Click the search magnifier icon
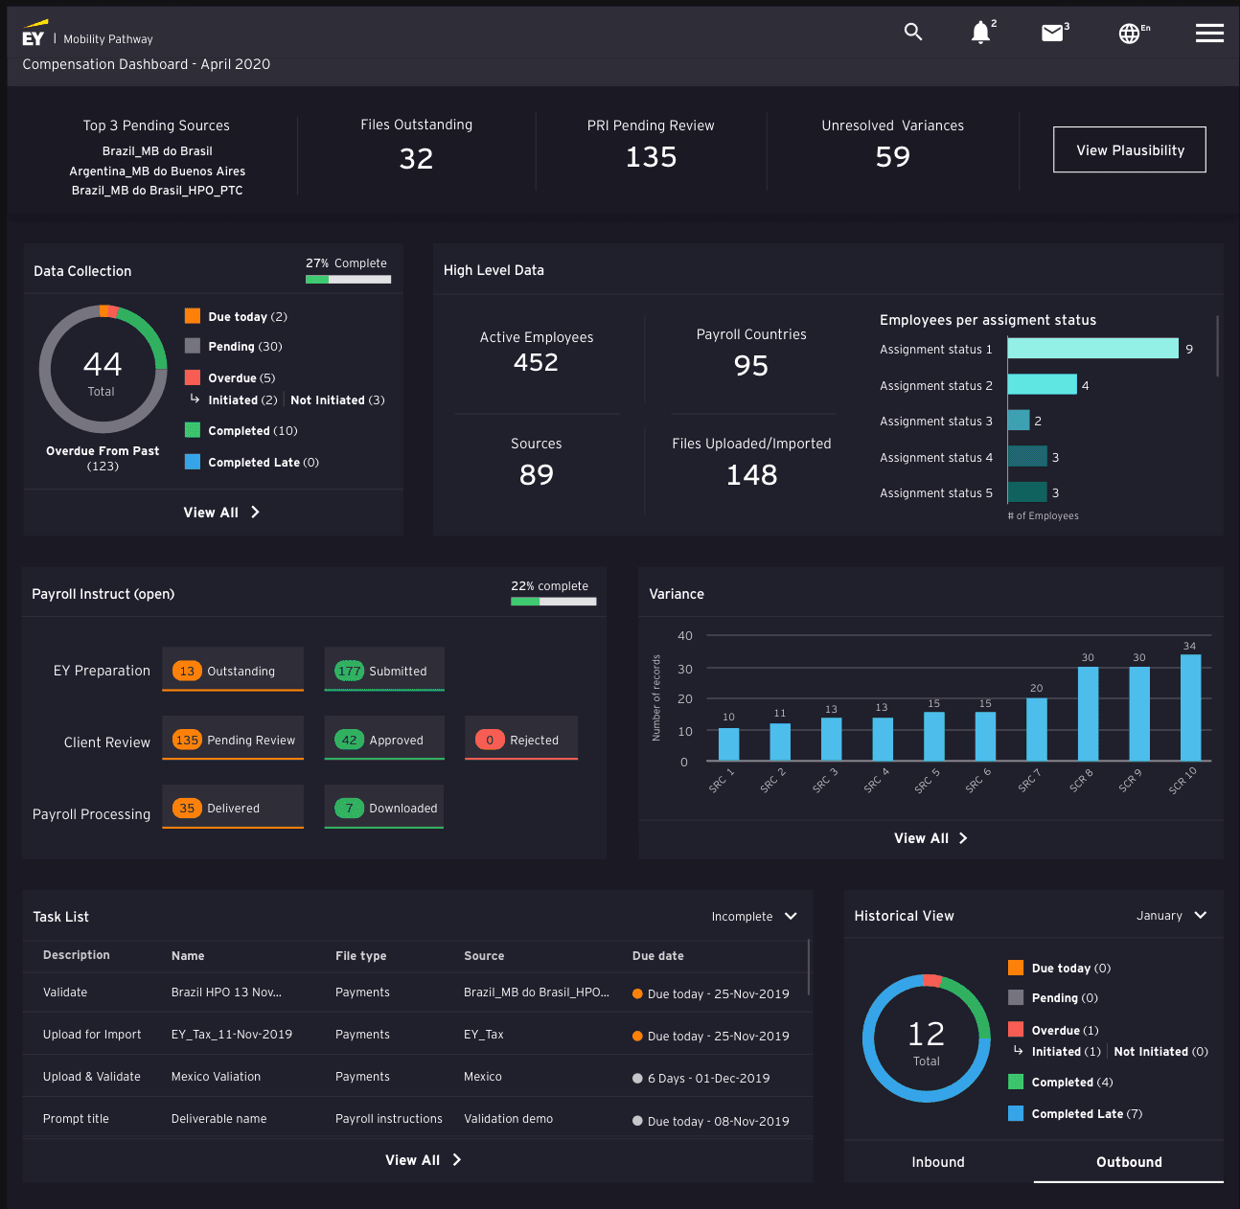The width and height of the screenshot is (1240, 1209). click(x=913, y=32)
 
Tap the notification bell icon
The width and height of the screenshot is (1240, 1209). click(x=980, y=33)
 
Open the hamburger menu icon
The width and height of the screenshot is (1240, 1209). click(x=1209, y=34)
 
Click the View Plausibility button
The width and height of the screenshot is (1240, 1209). click(x=1130, y=150)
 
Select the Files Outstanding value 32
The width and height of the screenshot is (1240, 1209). click(x=416, y=158)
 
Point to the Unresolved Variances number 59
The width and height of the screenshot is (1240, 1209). click(x=892, y=157)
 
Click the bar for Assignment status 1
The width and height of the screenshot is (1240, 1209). click(x=1092, y=349)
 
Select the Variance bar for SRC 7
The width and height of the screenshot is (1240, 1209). click(x=1037, y=728)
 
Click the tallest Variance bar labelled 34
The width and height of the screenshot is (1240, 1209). click(x=1190, y=707)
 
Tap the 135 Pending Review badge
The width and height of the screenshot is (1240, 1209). click(x=187, y=740)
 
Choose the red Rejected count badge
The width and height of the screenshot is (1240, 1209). click(x=490, y=740)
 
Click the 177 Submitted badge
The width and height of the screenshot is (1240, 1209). click(x=350, y=671)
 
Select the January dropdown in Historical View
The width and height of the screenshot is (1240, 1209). click(x=1171, y=916)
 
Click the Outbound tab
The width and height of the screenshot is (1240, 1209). click(x=1129, y=1162)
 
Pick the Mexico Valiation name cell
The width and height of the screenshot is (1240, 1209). click(x=216, y=1077)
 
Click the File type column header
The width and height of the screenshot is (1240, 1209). click(x=360, y=956)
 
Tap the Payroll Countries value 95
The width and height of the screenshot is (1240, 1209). click(x=751, y=366)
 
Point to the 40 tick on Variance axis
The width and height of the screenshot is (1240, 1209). click(x=684, y=636)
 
